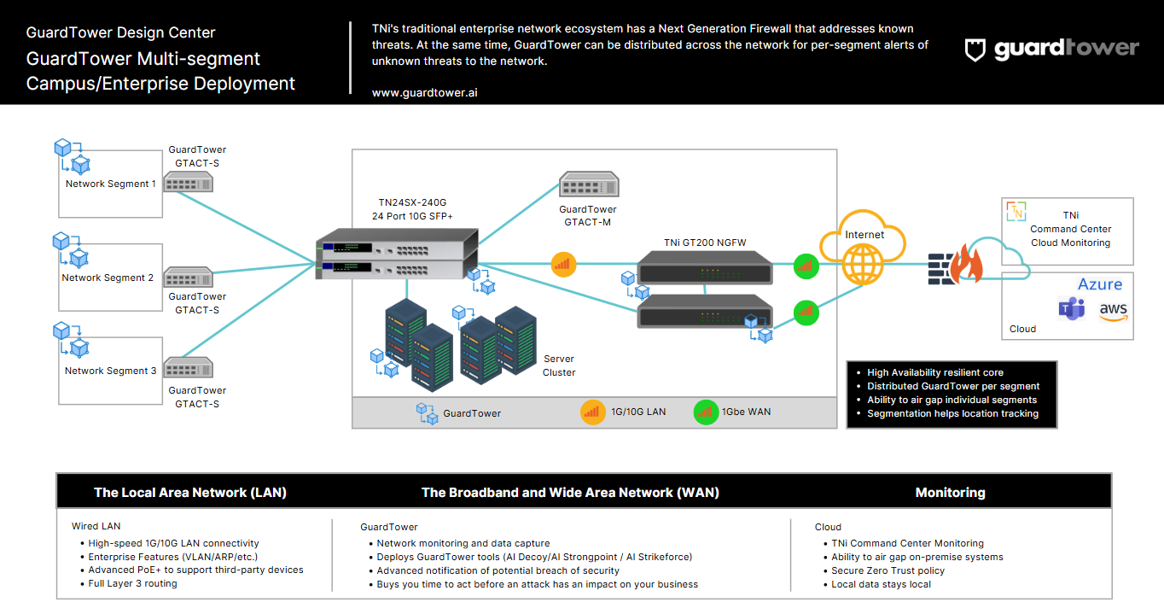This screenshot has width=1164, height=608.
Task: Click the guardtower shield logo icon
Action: (975, 50)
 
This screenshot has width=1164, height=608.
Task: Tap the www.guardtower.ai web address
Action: (424, 92)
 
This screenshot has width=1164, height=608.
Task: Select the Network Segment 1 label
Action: (111, 184)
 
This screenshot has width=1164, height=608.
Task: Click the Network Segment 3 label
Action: (111, 371)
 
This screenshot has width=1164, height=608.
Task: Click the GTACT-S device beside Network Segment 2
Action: (188, 278)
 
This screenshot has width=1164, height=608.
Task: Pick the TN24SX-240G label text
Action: (412, 202)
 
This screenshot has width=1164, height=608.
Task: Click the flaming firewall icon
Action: (956, 262)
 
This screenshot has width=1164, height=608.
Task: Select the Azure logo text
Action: (1100, 284)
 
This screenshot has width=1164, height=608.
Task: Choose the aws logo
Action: (1113, 312)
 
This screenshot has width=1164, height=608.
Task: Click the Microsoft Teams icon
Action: (1071, 309)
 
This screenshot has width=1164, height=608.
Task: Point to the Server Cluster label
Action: (559, 365)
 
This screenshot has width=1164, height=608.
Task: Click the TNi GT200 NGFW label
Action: (705, 243)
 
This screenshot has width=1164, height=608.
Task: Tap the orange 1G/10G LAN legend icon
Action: (592, 412)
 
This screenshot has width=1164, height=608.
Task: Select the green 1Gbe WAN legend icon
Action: (706, 412)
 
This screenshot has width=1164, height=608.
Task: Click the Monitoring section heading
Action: (950, 493)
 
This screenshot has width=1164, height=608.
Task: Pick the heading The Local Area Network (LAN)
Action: (190, 493)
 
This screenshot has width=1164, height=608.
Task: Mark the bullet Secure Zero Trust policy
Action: (888, 570)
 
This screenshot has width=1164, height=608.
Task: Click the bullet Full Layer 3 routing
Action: (132, 584)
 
